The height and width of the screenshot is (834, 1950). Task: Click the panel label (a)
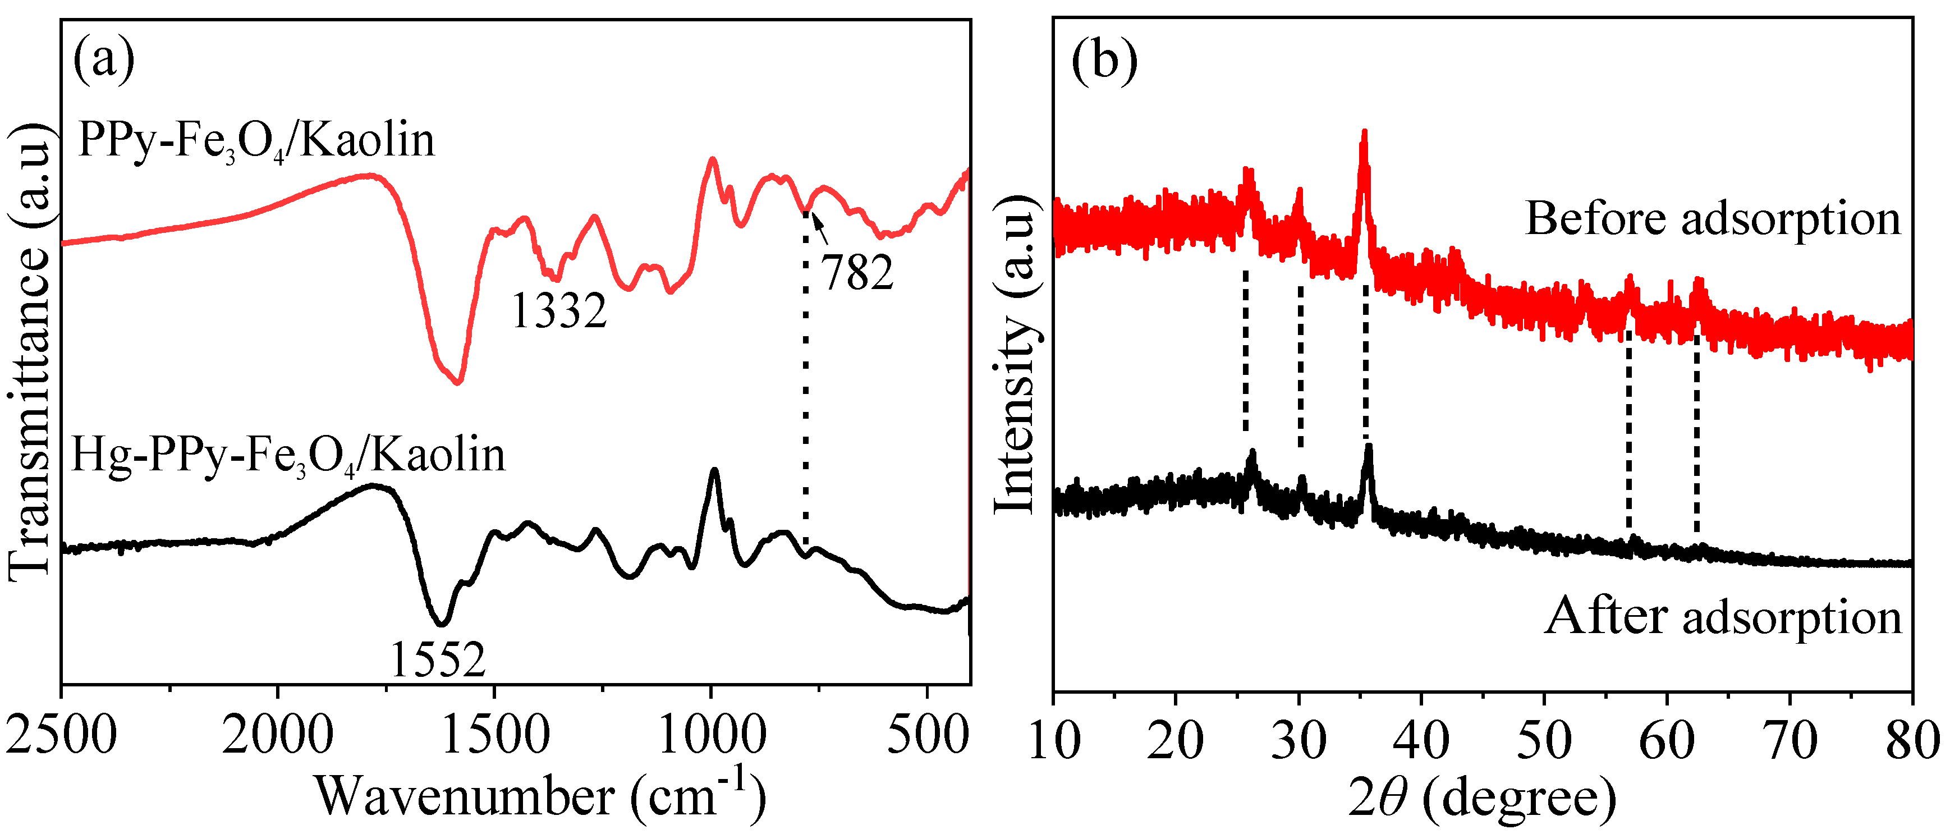104,61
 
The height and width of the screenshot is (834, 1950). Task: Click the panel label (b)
1104,61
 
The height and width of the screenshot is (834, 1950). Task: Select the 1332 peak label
559,310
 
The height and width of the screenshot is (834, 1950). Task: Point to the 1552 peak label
438,660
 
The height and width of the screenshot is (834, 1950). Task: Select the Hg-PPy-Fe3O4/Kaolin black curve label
288,456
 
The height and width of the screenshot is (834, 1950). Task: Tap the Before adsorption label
1712,219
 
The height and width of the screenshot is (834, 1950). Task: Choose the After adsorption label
1723,617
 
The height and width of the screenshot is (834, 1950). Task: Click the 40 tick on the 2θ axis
1421,740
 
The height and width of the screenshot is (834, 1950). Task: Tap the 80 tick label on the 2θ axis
1912,740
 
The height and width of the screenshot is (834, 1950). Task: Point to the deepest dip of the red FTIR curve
457,382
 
